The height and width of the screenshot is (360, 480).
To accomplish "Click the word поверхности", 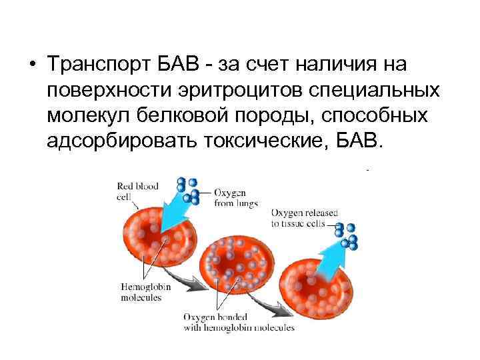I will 107,92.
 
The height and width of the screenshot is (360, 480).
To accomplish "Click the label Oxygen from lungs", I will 235,198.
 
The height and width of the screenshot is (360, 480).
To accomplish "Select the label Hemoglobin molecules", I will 141,292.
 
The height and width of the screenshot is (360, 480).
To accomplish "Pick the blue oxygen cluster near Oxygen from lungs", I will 188,189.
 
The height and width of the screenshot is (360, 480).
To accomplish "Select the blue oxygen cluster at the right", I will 347,235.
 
